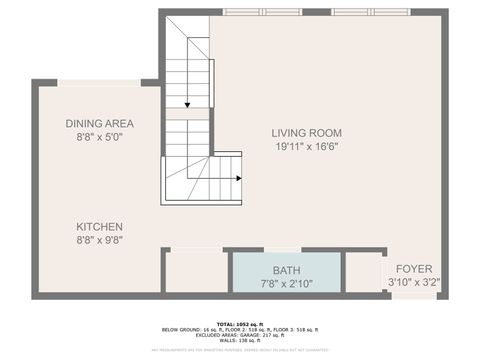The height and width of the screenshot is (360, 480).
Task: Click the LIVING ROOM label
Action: click(x=307, y=132)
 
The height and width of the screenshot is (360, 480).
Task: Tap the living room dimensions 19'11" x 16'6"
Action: click(x=307, y=146)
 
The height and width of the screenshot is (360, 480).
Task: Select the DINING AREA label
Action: click(x=99, y=123)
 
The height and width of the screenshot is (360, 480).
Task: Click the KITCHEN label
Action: click(x=99, y=227)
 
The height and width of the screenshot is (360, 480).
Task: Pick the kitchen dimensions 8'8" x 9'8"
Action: click(x=99, y=241)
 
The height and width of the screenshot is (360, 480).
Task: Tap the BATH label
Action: click(x=286, y=271)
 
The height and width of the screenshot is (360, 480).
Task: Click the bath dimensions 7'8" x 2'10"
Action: click(x=286, y=284)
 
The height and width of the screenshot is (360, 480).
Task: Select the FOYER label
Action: click(x=414, y=269)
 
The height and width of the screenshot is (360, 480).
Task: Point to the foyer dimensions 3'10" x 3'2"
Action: click(x=414, y=283)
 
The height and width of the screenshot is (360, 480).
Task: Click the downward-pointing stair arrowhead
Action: click(x=186, y=104)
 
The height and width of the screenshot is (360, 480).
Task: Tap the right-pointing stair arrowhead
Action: click(x=239, y=179)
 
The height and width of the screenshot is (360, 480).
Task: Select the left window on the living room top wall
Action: click(x=261, y=13)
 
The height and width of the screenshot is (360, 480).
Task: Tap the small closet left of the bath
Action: click(x=195, y=272)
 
